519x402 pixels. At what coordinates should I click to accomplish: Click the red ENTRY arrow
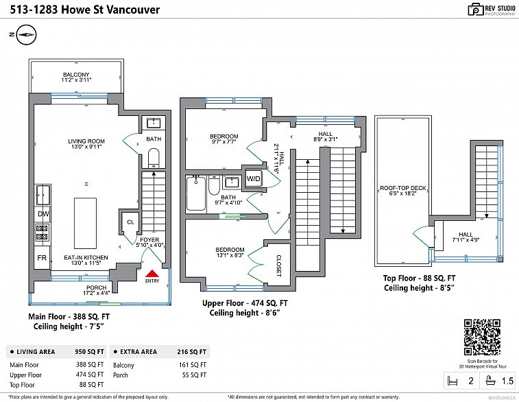point(152,273)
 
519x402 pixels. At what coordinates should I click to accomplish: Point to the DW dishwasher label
point(43,214)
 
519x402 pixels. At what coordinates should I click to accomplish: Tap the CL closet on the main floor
point(129,221)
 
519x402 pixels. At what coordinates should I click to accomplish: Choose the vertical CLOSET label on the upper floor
point(279,264)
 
